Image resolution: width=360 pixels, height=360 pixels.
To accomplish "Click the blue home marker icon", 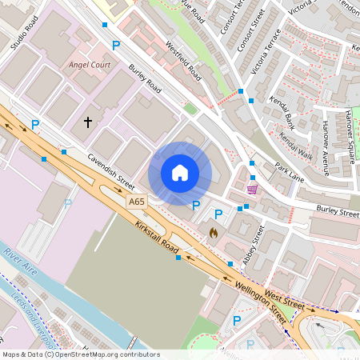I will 180,172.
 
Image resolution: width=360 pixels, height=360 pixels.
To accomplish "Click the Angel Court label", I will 90,63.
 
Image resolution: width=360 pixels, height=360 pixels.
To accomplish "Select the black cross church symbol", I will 88,122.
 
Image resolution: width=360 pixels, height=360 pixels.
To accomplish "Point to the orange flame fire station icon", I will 213,232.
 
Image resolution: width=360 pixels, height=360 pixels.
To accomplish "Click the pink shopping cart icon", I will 253,189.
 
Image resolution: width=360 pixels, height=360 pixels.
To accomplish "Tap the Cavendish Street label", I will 112,172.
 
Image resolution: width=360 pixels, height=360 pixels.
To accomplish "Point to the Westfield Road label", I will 182,61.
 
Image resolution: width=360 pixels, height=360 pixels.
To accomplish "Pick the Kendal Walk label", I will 296,145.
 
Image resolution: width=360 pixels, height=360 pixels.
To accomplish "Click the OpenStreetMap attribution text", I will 80,354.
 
